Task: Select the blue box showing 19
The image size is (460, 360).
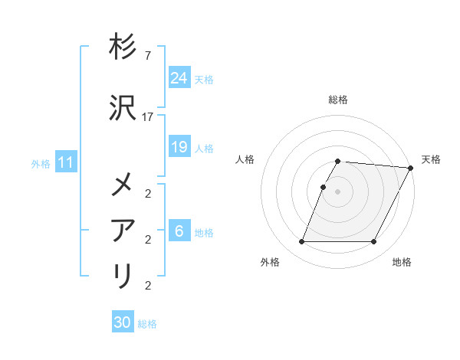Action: tap(179, 147)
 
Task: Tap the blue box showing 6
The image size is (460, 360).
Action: tap(179, 231)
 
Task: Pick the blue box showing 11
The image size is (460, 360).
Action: tap(65, 162)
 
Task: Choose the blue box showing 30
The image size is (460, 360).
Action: tap(123, 322)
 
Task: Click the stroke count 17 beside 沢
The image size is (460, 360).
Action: tap(148, 116)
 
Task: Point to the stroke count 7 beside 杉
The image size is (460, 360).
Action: tap(148, 57)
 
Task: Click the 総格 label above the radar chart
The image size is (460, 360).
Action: tap(338, 100)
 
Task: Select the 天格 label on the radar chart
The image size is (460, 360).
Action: tap(431, 159)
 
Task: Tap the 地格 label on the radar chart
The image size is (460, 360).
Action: tap(402, 263)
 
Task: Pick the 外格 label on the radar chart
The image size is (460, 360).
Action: tap(270, 263)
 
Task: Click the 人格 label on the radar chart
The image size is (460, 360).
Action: tap(245, 159)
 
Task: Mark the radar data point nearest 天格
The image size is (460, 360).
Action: tap(410, 167)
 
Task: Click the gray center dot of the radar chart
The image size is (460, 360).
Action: tap(338, 191)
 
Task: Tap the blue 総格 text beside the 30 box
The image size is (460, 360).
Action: tap(147, 323)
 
